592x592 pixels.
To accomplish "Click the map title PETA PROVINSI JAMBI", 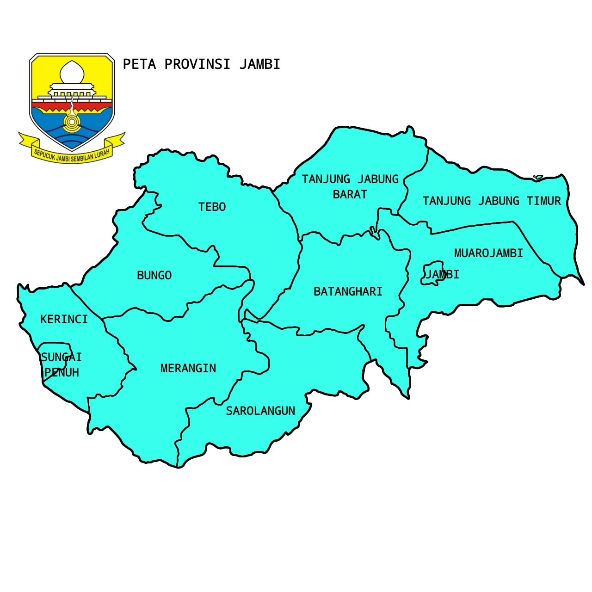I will [x=201, y=64].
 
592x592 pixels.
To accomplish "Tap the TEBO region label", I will [x=212, y=207].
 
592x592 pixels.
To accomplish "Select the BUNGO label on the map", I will [x=154, y=276].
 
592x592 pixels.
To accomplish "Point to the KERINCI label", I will [x=64, y=320].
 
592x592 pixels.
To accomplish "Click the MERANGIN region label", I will [x=188, y=369].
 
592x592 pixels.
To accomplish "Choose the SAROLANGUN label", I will [x=260, y=411].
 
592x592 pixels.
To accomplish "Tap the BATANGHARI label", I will [x=348, y=292].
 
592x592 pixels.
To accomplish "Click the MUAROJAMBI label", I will [x=488, y=253].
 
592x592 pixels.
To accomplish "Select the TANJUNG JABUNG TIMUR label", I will [x=491, y=201].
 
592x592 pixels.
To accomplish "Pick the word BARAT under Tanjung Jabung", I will [x=350, y=195].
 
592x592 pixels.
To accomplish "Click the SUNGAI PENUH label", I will [x=61, y=365].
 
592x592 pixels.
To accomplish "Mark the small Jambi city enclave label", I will [x=442, y=275].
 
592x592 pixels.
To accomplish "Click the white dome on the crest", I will [x=72, y=72].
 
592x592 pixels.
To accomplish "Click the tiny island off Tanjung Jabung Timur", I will [x=538, y=177].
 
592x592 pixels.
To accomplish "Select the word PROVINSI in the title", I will [x=197, y=64].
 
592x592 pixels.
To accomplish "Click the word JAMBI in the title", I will [x=260, y=64].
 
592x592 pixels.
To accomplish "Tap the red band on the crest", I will [x=72, y=107].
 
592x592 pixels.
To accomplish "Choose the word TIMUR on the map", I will [x=543, y=201].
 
